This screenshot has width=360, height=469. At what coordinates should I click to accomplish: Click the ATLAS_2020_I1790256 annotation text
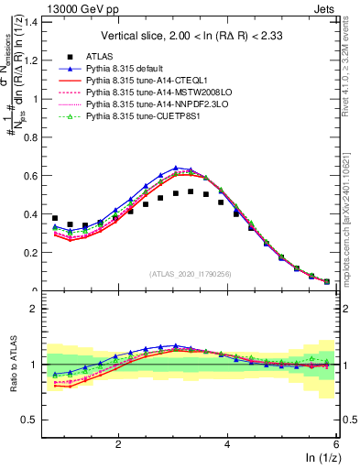click(191, 273)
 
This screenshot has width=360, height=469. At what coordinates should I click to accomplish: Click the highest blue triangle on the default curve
click(175, 168)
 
